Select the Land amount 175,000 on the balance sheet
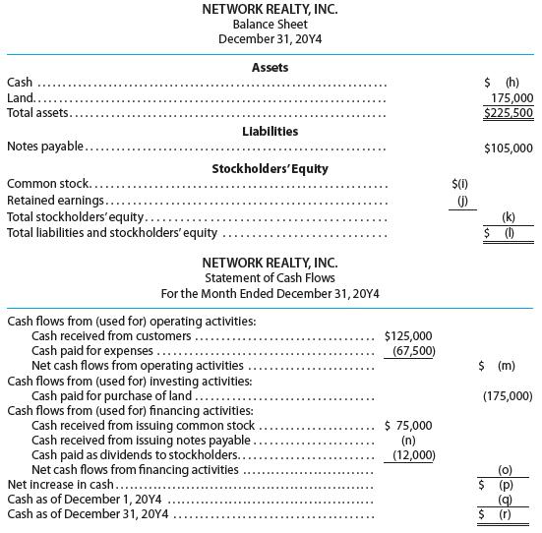tap(511, 98)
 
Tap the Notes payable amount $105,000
tap(509, 148)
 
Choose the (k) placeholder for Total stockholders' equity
tap(509, 216)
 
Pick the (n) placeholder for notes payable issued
tap(408, 441)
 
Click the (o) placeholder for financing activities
tap(507, 470)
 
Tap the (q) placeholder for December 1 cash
tap(507, 500)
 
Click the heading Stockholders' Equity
tap(271, 167)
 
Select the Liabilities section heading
tap(271, 131)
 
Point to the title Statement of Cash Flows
tap(270, 278)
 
